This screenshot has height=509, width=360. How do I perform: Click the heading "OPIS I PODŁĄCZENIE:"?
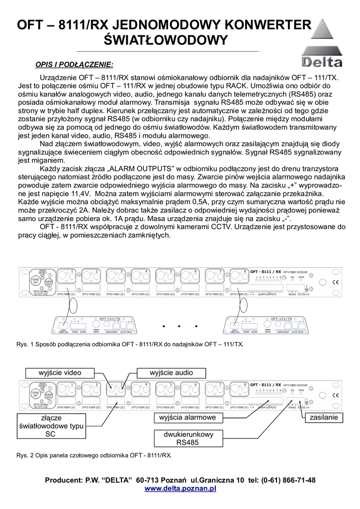click(74, 65)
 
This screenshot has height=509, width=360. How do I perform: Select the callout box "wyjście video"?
click(60, 373)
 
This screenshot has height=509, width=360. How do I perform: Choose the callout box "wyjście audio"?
click(171, 373)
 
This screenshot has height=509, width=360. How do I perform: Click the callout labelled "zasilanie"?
click(324, 418)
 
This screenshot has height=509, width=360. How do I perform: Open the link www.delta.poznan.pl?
click(180, 489)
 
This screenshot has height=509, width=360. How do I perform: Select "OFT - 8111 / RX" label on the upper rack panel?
click(266, 272)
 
